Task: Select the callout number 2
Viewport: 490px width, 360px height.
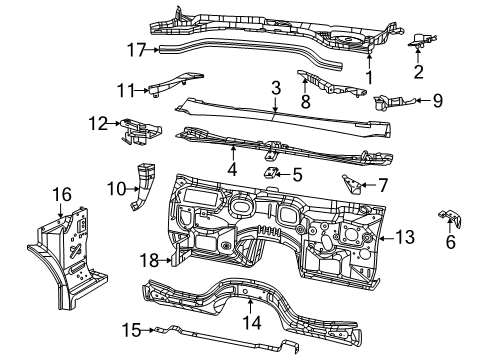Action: [x=420, y=72]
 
